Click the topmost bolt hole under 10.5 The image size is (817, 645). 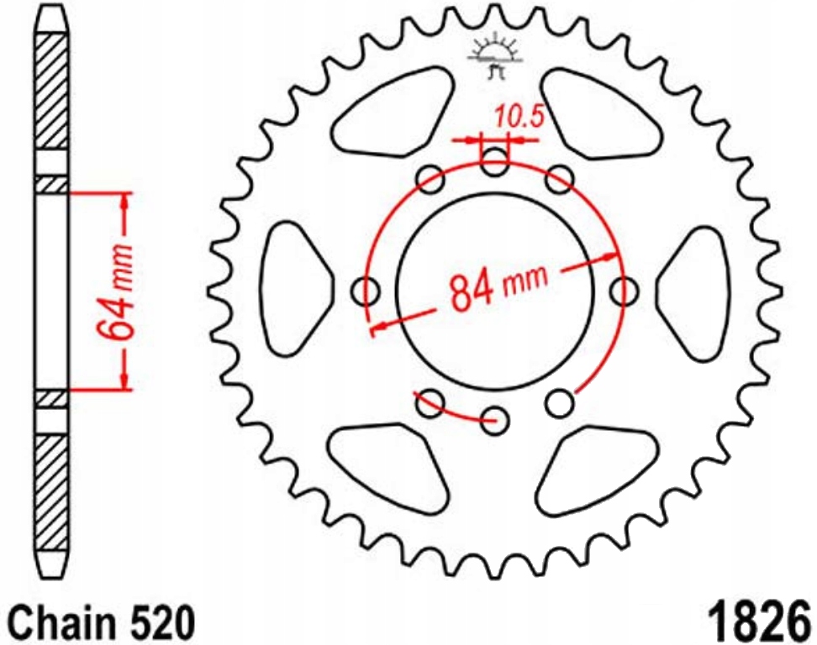[495, 162]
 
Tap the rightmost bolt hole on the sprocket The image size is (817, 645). [624, 291]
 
